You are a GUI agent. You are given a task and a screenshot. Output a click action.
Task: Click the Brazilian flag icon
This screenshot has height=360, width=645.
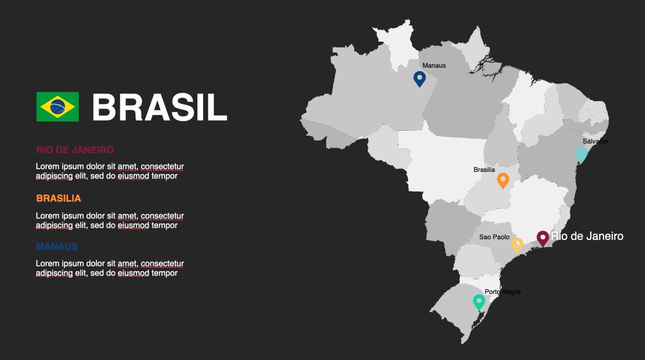(58, 107)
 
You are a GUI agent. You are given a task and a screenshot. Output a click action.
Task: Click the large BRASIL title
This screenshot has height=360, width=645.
(160, 108)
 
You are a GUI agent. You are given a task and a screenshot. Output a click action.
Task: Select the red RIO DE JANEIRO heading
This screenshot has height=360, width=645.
(75, 150)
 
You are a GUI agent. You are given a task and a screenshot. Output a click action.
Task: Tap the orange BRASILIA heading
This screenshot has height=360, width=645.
(58, 198)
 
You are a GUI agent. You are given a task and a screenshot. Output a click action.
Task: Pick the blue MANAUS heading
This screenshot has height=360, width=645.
(57, 247)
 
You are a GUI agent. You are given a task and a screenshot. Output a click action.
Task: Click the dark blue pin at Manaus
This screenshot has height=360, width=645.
(420, 78)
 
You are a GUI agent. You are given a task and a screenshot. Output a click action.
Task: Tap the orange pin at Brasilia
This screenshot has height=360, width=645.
(503, 180)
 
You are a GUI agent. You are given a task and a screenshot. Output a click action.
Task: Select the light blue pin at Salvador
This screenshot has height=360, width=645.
(581, 154)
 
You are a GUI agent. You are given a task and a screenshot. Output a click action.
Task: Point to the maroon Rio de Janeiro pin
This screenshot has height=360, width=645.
(543, 238)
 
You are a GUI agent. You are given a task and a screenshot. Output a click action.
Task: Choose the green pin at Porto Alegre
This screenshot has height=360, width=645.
(479, 301)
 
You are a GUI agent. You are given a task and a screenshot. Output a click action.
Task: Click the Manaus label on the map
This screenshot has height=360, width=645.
(434, 66)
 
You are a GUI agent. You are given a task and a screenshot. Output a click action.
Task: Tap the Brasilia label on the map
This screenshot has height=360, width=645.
(484, 170)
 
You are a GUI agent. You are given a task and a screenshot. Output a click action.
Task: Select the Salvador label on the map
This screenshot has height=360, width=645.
(595, 141)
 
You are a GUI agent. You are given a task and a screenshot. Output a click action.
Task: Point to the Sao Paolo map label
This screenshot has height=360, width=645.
(494, 237)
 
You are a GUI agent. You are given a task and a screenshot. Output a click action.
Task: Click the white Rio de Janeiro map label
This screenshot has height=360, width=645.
(587, 236)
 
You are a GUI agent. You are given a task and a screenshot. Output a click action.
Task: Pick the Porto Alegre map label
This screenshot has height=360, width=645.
(503, 292)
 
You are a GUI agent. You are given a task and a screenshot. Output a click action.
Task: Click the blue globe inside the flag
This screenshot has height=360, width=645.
(58, 107)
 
